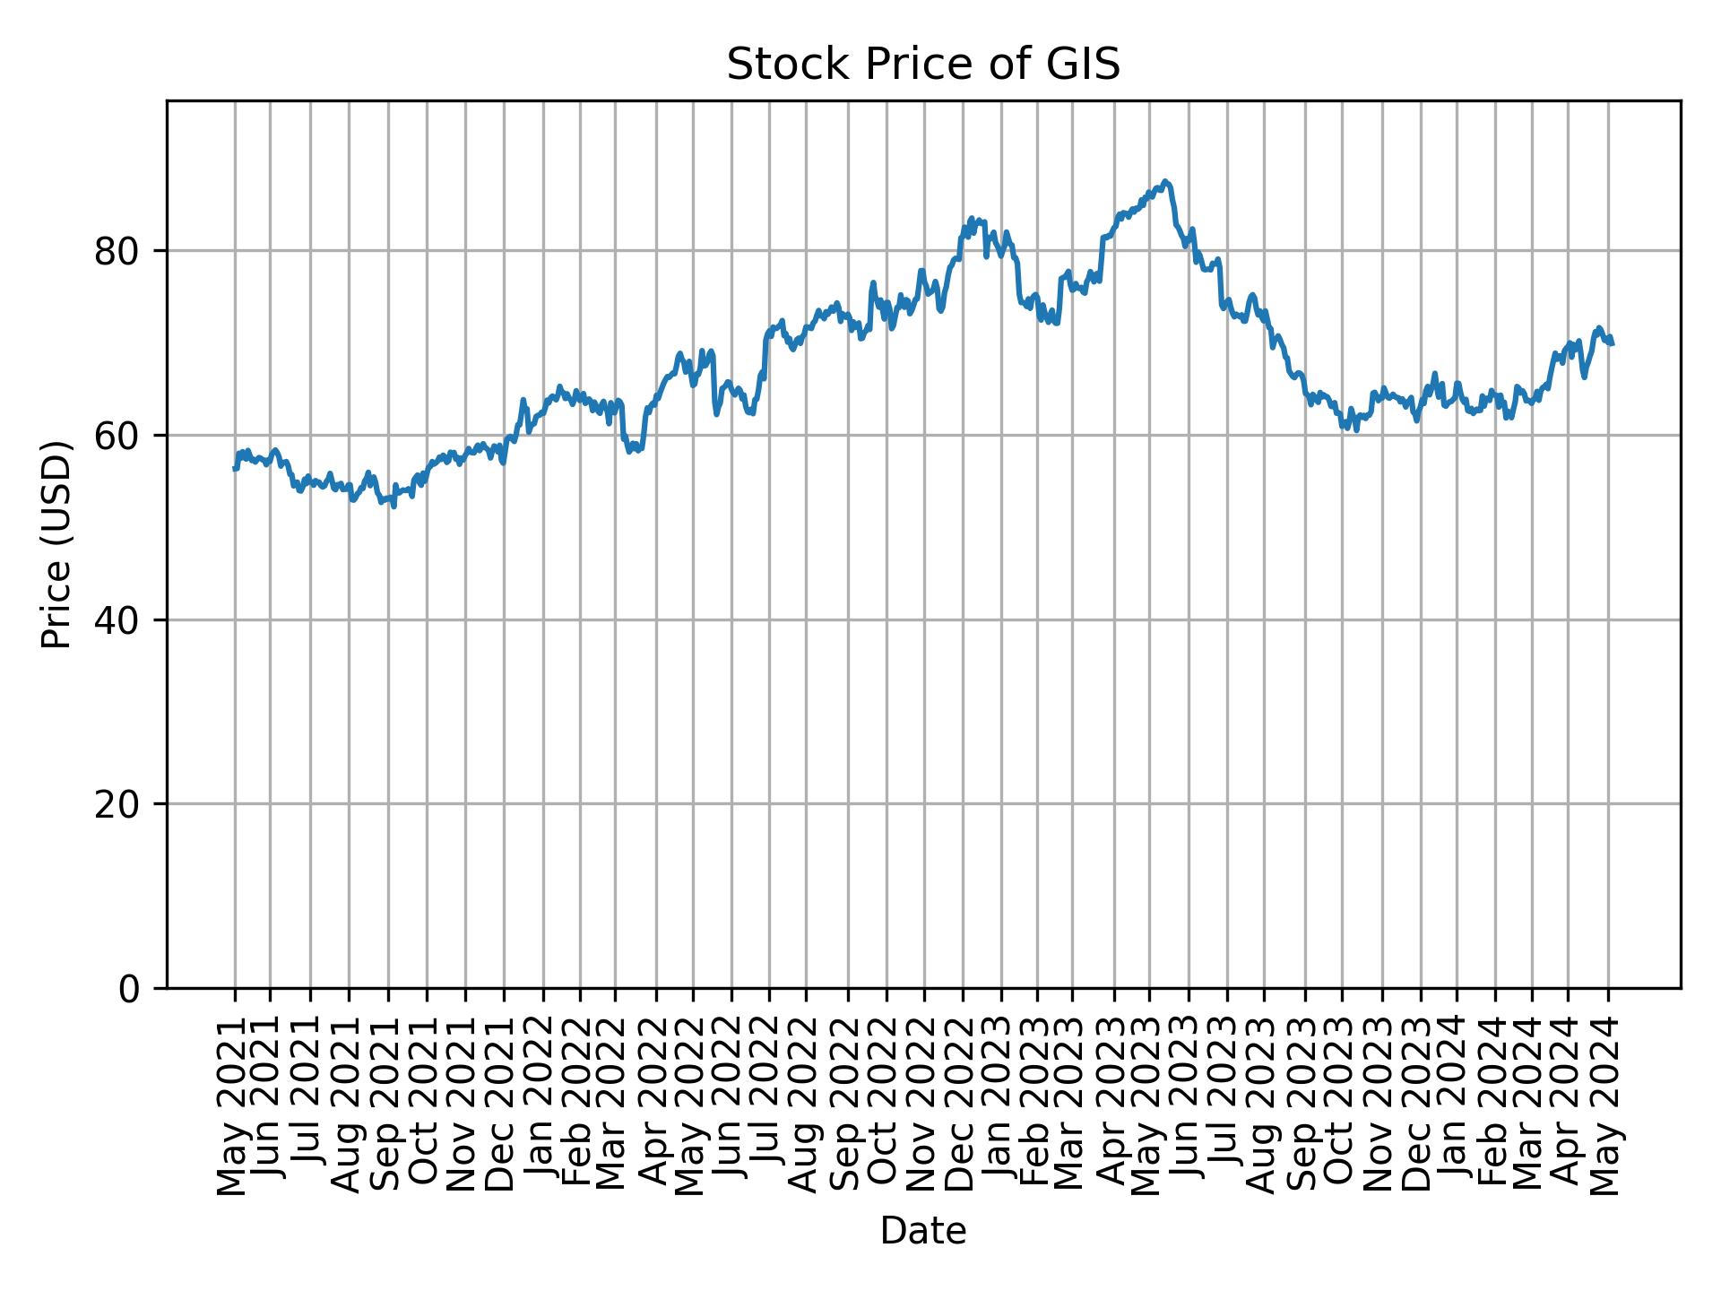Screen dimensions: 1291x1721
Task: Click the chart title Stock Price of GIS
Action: click(922, 65)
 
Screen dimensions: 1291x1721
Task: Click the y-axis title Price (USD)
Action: click(56, 544)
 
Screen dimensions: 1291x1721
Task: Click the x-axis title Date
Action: click(922, 1231)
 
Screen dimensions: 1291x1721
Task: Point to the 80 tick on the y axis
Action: click(117, 251)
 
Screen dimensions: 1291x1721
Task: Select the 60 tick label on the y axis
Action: click(117, 436)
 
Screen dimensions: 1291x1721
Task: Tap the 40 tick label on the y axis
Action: click(117, 620)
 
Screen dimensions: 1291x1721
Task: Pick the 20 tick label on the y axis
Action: click(117, 804)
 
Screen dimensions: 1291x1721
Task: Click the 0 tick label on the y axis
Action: click(130, 988)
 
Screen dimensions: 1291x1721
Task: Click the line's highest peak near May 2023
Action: click(1164, 181)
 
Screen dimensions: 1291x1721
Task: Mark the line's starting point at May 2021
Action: click(234, 468)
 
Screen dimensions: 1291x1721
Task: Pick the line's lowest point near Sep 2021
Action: click(393, 507)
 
